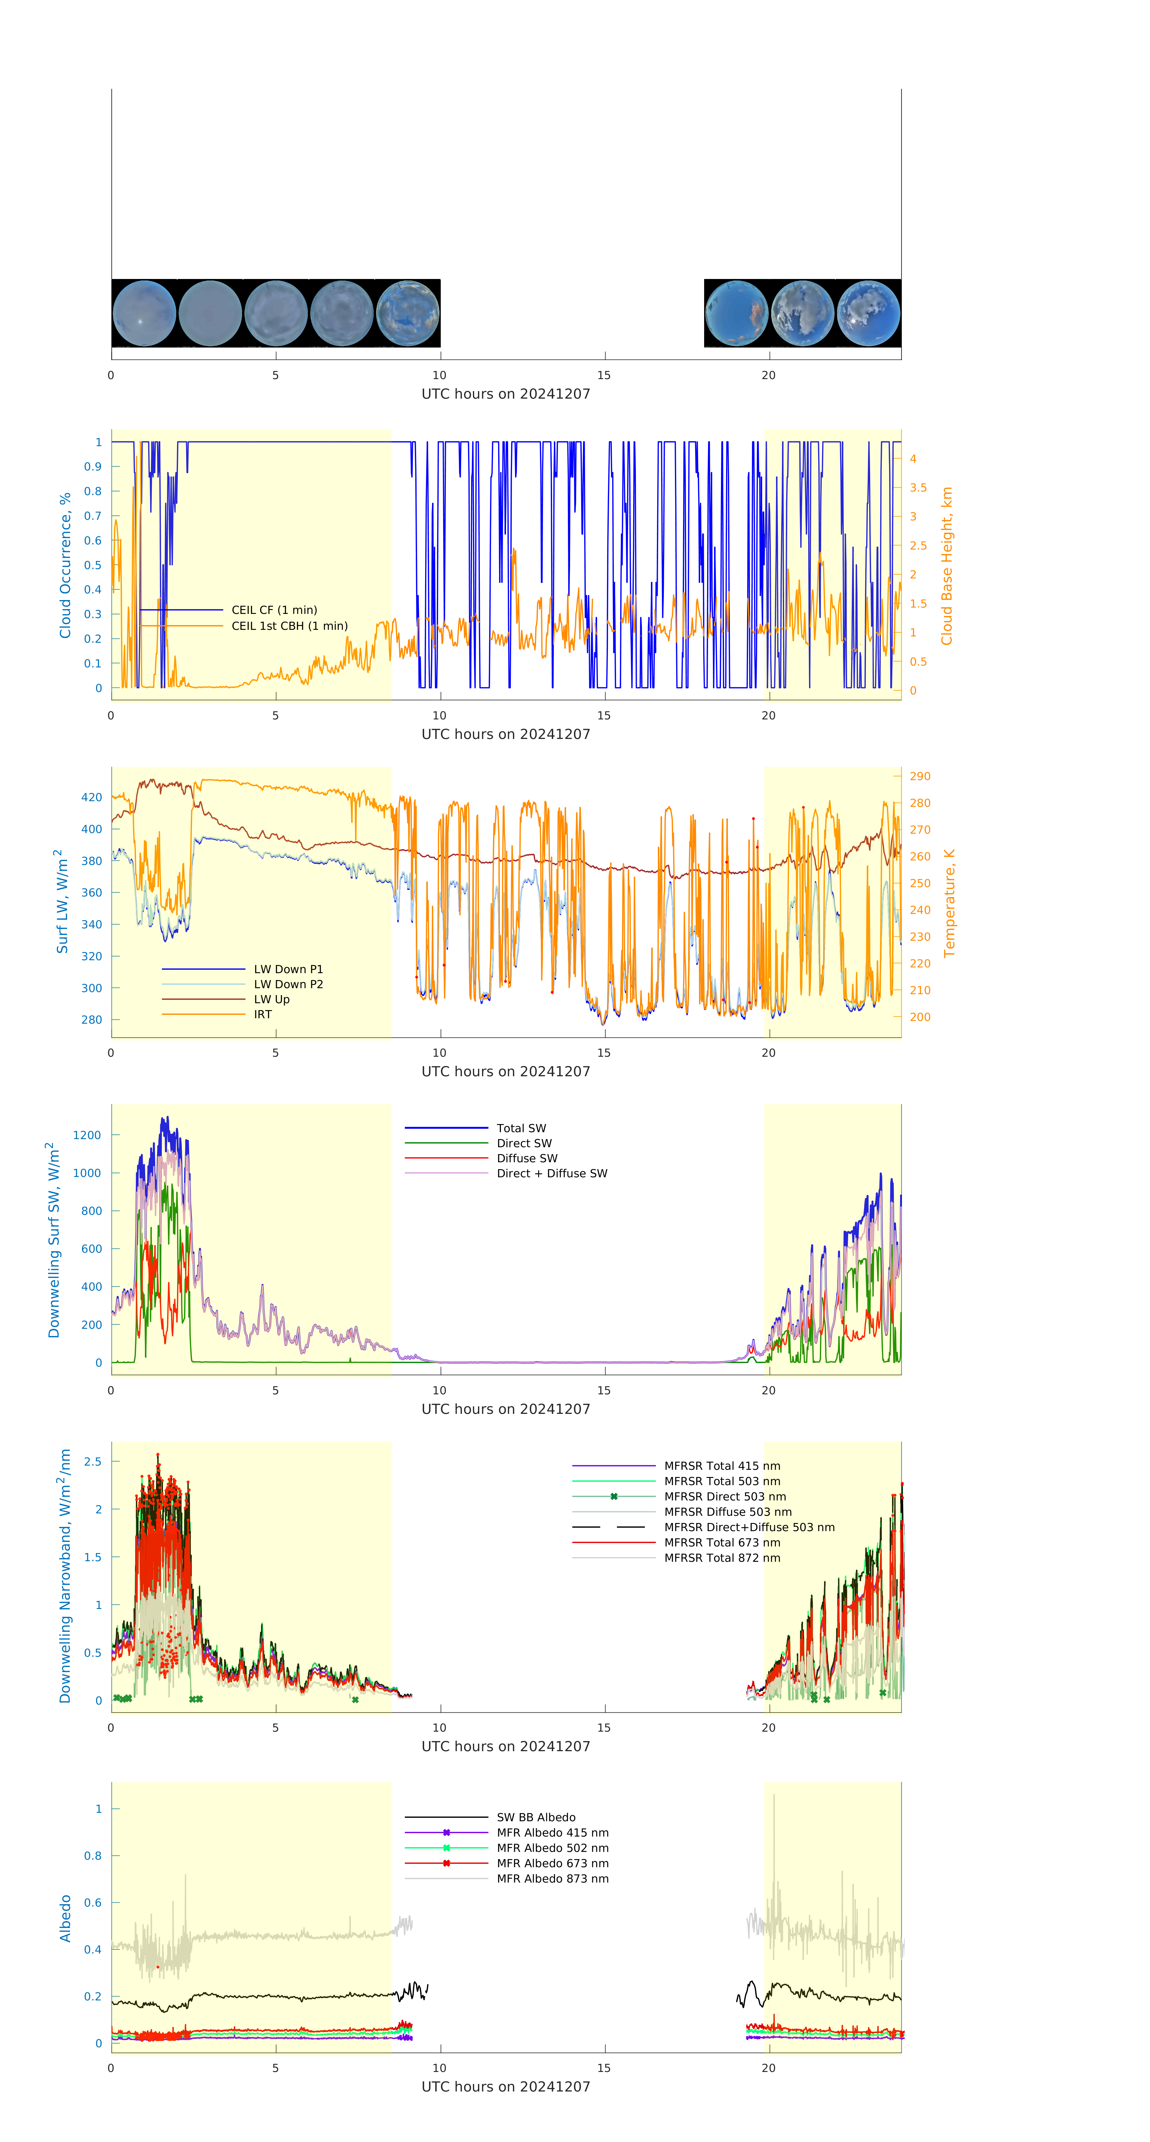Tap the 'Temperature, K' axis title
(x=949, y=903)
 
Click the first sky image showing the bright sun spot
(x=144, y=314)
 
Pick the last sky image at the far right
(x=868, y=314)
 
